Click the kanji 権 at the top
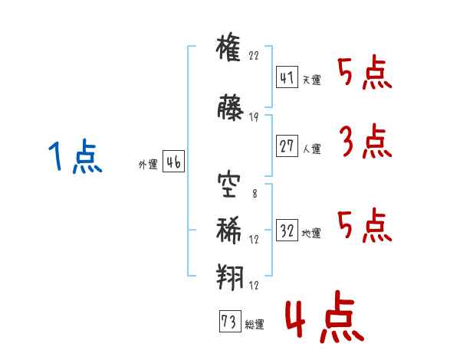pyautogui.click(x=228, y=47)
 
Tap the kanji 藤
pyautogui.click(x=230, y=107)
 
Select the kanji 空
pyautogui.click(x=228, y=185)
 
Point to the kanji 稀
pyautogui.click(x=228, y=230)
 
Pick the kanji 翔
pyautogui.click(x=230, y=277)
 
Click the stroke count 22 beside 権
pyautogui.click(x=254, y=55)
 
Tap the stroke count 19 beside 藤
pyautogui.click(x=254, y=117)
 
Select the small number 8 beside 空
pyautogui.click(x=255, y=194)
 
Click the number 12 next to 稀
pyautogui.click(x=254, y=240)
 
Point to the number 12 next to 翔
pyautogui.click(x=254, y=285)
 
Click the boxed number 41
pyautogui.click(x=287, y=77)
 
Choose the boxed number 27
pyautogui.click(x=287, y=146)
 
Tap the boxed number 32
pyautogui.click(x=287, y=230)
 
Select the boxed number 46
pyautogui.click(x=173, y=162)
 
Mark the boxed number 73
pyautogui.click(x=230, y=321)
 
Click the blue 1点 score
pyautogui.click(x=75, y=156)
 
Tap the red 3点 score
pyautogui.click(x=366, y=141)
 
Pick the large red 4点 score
pyautogui.click(x=325, y=316)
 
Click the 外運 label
pyautogui.click(x=148, y=165)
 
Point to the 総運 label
pyautogui.click(x=255, y=324)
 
